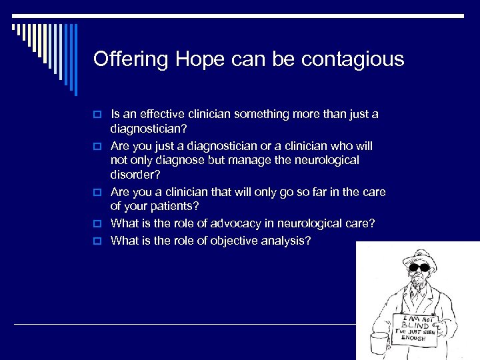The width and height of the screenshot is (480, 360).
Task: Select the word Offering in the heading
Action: [x=131, y=59]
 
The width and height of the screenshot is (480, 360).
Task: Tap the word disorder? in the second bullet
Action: [x=137, y=175]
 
